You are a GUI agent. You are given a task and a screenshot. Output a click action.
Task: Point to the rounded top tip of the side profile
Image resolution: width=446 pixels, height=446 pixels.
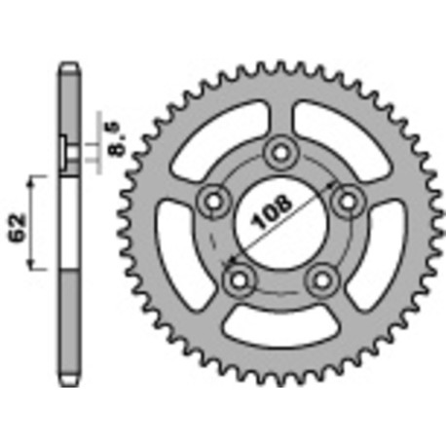[x=68, y=67]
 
